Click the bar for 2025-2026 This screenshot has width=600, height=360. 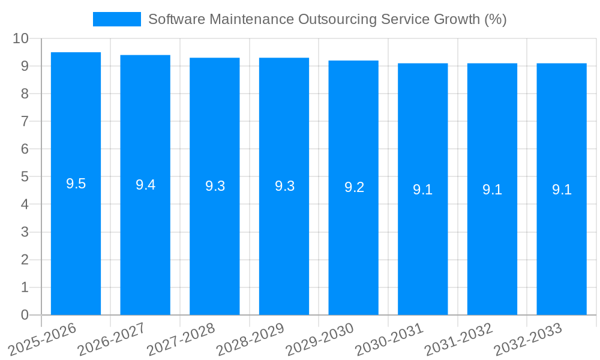tap(76, 240)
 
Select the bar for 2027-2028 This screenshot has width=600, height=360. tap(215, 240)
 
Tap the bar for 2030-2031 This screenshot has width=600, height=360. tap(423, 240)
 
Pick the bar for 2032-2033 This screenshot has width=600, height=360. tap(562, 240)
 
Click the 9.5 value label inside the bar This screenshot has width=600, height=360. tap(76, 184)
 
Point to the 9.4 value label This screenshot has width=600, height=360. tap(145, 185)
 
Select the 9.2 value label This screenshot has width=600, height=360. tap(354, 187)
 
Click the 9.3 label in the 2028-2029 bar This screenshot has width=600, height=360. tap(284, 186)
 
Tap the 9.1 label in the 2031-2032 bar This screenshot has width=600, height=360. tap(492, 190)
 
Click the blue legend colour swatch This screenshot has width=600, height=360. tap(117, 19)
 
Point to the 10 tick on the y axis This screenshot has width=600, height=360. tap(21, 38)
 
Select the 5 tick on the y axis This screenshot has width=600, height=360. tap(25, 177)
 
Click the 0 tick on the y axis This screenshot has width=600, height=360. tap(25, 315)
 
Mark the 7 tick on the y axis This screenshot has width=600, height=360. tap(25, 121)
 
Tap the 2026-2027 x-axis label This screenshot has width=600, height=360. tap(112, 340)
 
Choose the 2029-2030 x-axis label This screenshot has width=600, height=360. tap(320, 340)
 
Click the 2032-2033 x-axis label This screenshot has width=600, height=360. tap(529, 340)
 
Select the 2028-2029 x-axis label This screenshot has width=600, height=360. tap(251, 340)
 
